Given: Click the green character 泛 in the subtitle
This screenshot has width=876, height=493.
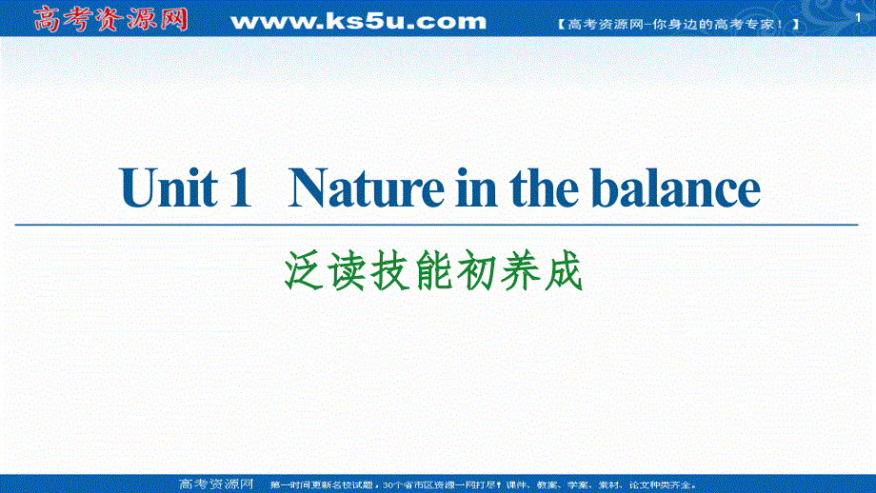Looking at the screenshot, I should coord(305,274).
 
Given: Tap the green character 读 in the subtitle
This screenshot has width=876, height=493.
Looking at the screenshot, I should coord(349,274).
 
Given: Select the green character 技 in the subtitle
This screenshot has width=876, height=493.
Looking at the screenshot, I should coord(394,274).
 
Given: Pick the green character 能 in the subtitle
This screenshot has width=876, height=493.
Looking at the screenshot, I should coord(439,274).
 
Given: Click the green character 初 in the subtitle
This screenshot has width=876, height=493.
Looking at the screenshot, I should coord(484,274).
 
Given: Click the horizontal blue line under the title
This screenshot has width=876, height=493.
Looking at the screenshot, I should coord(438,224).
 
